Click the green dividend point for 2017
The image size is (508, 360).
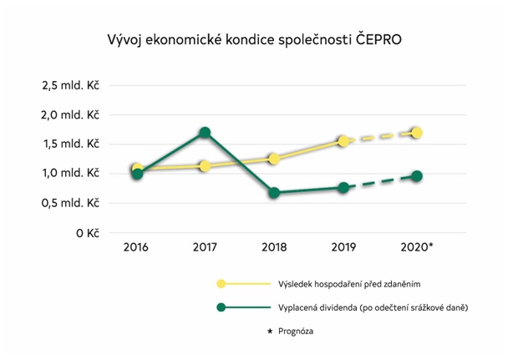tap(204, 132)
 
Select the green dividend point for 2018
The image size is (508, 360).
tap(274, 193)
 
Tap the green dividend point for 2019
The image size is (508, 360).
tap(343, 187)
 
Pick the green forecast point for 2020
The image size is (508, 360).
tap(416, 176)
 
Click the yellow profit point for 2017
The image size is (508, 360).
tap(204, 166)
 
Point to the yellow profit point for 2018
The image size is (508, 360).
tap(274, 158)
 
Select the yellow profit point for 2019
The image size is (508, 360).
tap(343, 141)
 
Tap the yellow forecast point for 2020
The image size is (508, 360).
tap(416, 132)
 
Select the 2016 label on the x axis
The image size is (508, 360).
tap(136, 248)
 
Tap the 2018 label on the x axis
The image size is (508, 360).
tap(274, 248)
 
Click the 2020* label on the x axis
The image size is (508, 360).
tap(418, 248)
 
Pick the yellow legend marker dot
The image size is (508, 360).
tap(221, 284)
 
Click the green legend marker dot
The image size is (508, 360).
tap(221, 307)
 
